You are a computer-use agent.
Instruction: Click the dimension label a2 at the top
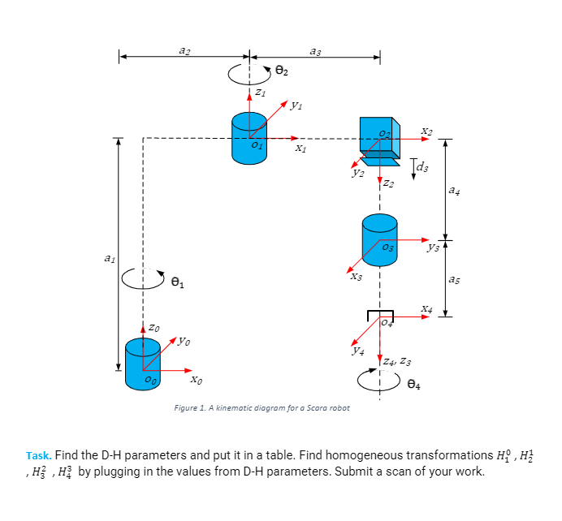[184, 51]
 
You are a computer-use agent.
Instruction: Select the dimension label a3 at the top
[315, 51]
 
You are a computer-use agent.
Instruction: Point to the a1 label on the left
[109, 258]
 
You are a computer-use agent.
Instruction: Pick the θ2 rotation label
[281, 71]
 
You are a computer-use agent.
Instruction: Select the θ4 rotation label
[414, 384]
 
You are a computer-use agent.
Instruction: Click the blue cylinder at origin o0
[143, 364]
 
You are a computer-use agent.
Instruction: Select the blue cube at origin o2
[377, 134]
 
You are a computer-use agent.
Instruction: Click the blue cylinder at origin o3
[379, 235]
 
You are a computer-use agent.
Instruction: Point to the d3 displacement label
[422, 168]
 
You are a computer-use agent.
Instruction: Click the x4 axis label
[427, 308]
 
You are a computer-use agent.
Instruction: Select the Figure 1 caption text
[262, 407]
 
